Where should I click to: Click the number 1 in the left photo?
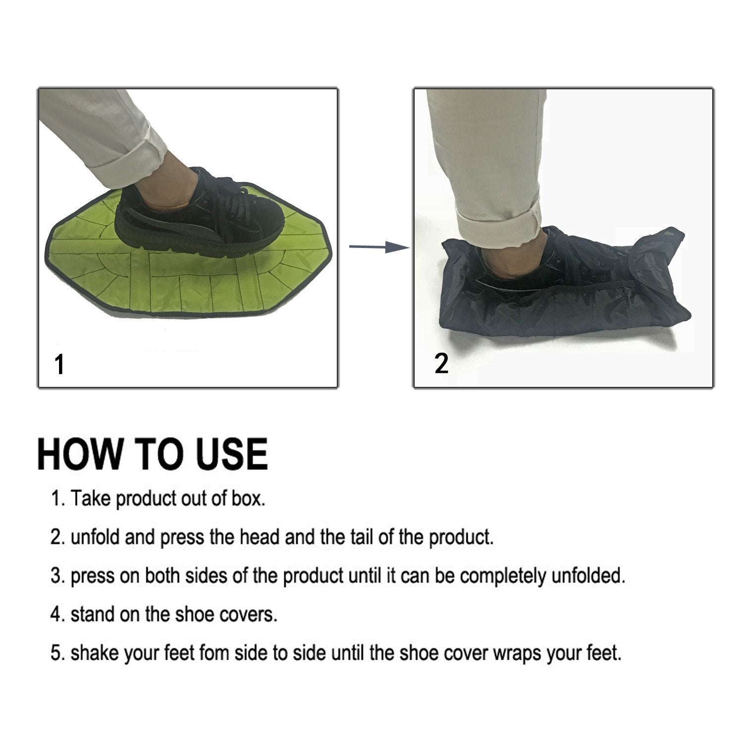60,365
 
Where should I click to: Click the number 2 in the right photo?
441,364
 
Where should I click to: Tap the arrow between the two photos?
379,247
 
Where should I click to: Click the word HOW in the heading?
80,454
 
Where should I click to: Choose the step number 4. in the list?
59,615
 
